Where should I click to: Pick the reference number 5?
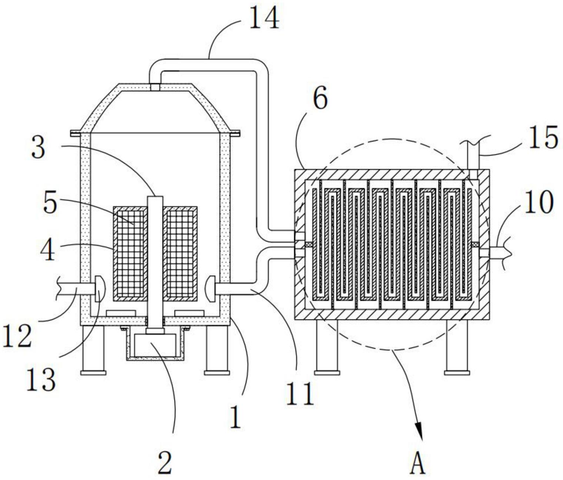pyautogui.click(x=50, y=203)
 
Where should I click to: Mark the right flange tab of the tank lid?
pyautogui.click(x=235, y=132)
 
